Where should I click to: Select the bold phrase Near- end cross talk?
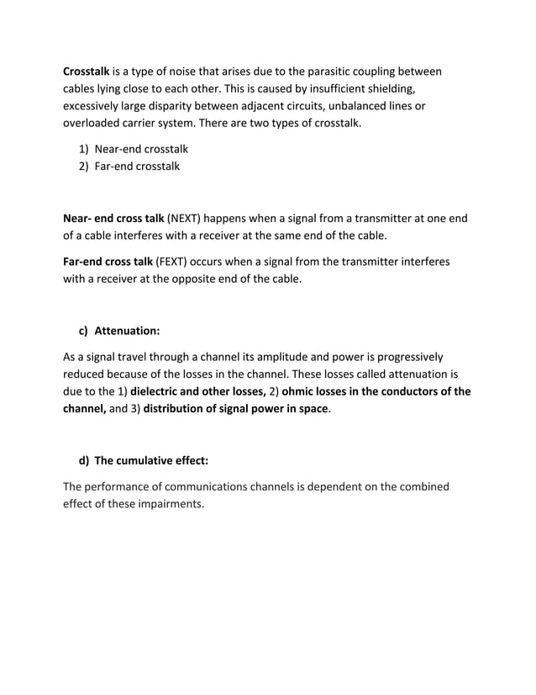[x=113, y=219]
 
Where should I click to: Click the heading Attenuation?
[x=127, y=332]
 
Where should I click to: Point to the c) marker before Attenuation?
[x=84, y=332]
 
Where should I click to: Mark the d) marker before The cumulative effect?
[x=84, y=461]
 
